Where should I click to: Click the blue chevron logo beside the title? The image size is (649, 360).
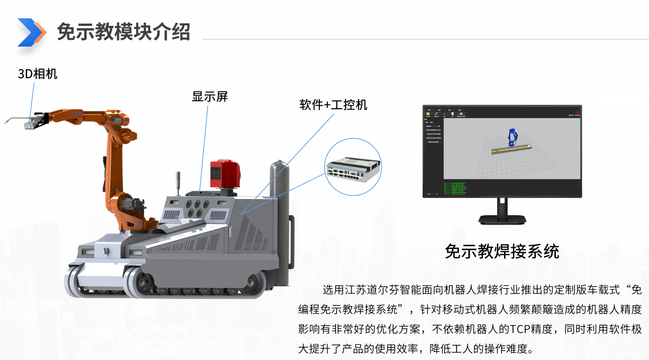[x=32, y=32]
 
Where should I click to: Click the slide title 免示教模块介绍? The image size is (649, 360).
[x=123, y=32]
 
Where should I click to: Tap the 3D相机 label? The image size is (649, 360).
[x=38, y=73]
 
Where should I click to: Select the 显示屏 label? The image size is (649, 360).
[x=209, y=96]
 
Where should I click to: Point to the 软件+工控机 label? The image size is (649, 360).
[x=333, y=104]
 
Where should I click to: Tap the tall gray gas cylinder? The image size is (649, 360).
[x=279, y=221]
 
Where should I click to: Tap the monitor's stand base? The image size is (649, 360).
[x=502, y=219]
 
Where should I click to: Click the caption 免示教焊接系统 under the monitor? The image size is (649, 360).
[x=502, y=251]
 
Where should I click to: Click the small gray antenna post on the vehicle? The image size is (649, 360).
[x=178, y=184]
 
